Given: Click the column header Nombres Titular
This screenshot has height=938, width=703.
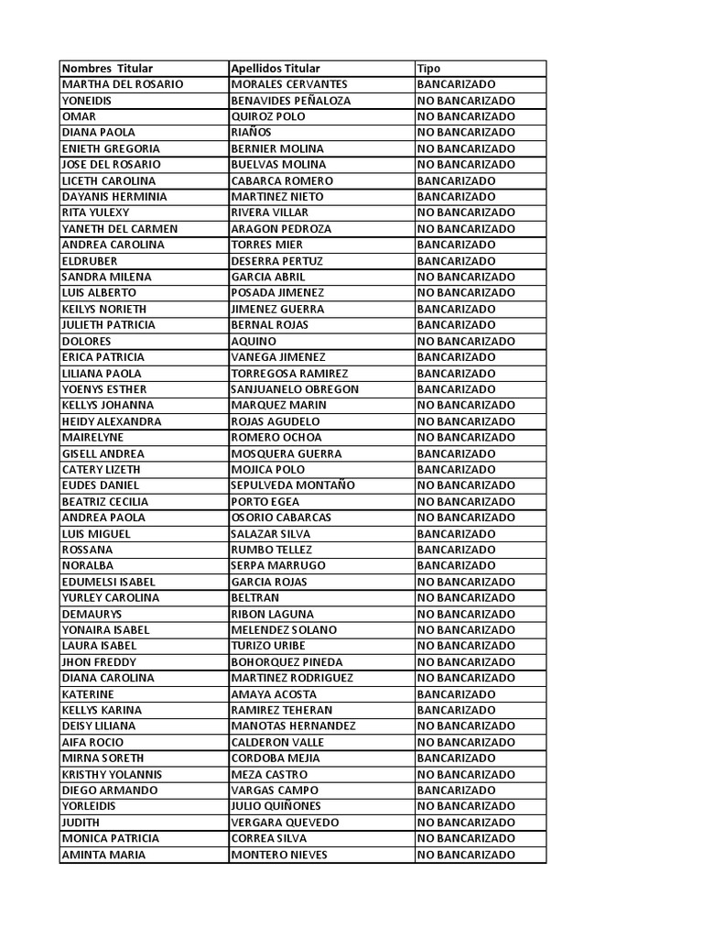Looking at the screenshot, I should coord(107,69).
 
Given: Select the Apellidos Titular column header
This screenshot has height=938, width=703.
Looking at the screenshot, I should coord(276,69).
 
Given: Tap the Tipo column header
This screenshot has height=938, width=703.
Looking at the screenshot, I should coord(428,69).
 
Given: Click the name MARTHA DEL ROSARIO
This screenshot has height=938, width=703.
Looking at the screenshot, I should coord(122,84).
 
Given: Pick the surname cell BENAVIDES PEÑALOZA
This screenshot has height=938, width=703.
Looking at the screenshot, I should coord(291,101).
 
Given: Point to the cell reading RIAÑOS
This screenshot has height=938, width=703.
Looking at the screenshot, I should coord(252,133).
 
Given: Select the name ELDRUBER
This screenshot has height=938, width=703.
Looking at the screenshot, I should coord(89,261).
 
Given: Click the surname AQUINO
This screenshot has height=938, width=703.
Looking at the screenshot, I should coord(254,341).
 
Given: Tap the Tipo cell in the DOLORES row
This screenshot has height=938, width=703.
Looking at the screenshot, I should coord(466,341).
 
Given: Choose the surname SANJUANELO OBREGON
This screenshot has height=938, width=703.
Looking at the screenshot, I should coord(295,389).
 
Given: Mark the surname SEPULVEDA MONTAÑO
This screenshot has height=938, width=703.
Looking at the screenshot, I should coord(293,485).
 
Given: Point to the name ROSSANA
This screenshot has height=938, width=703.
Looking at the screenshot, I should coord(87,550).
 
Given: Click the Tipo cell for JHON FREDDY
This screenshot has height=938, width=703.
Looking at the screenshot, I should coord(466,662).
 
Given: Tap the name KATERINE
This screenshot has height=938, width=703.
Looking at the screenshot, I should coord(88,694).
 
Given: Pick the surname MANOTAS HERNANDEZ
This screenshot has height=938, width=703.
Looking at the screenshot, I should coord(293,726).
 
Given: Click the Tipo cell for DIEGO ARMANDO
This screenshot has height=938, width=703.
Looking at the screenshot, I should coord(456,791).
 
